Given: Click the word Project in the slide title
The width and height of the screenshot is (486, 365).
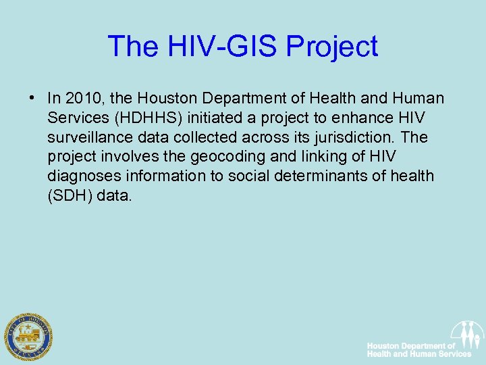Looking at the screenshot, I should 332,47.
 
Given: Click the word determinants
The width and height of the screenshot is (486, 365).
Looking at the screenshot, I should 300,176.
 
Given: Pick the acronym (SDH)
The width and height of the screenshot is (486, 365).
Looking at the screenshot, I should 70,196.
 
